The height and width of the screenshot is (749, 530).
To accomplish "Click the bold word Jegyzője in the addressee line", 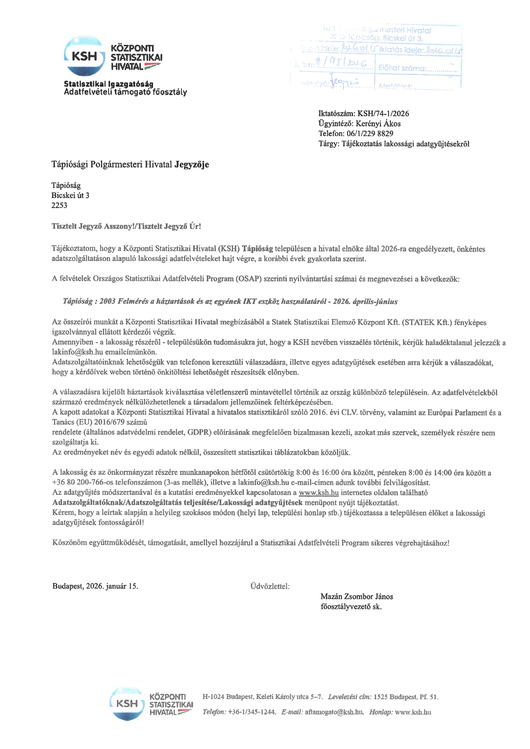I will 191,164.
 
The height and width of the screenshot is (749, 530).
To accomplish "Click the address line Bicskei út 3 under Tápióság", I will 70,195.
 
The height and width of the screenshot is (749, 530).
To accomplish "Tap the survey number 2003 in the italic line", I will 107,301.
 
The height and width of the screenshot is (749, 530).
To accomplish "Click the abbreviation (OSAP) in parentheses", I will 249,279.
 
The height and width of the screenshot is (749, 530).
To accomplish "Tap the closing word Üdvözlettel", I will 270,586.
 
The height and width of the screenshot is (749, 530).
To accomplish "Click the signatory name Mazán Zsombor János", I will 356,597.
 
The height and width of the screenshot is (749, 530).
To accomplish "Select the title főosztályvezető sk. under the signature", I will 351,607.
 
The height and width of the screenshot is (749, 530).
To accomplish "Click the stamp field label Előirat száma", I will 402,68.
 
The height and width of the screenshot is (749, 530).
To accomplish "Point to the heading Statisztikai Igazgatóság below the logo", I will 108,84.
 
